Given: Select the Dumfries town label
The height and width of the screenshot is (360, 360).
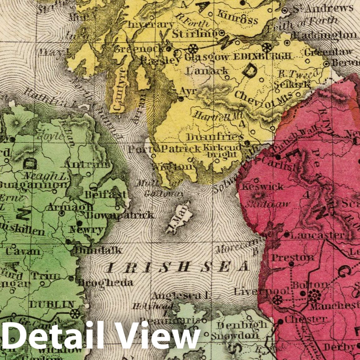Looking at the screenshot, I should click(x=215, y=137).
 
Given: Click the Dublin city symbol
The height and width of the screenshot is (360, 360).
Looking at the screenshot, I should click(x=75, y=313).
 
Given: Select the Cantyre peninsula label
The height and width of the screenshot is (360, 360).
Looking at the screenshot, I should click(x=118, y=97).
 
